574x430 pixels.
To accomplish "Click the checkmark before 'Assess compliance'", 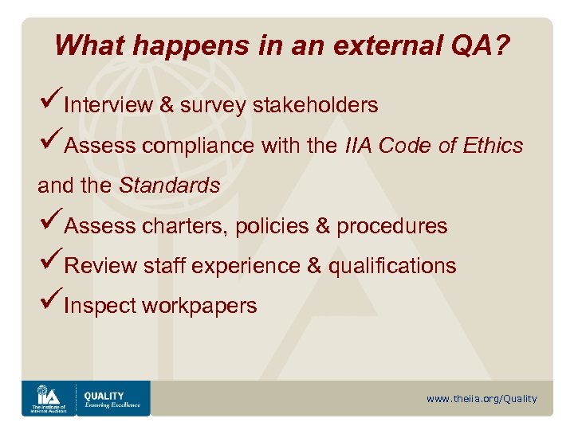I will point(49,144).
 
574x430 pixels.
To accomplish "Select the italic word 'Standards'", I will point(169,186).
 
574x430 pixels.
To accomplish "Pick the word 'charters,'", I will point(187,227).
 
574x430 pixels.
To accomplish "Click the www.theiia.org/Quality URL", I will point(482,399).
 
